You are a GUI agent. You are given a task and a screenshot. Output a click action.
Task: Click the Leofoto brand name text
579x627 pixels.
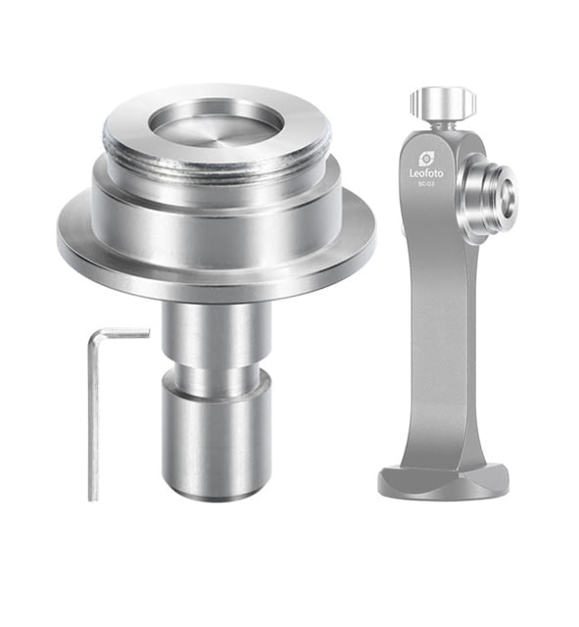[426, 173]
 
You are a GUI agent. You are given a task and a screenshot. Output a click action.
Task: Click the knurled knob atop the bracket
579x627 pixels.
[444, 102]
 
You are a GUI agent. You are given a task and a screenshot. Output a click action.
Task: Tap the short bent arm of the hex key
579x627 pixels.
[120, 333]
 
